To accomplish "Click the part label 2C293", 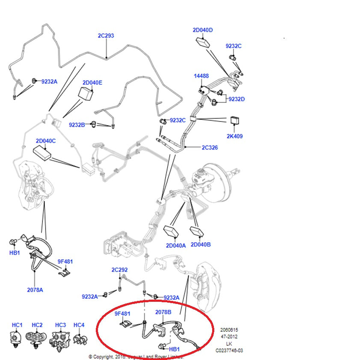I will [106, 36].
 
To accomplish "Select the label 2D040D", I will [203, 30].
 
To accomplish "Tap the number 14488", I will [201, 76].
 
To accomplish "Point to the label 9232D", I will [236, 99].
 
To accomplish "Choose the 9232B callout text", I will [77, 125].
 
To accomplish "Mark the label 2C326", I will [210, 147].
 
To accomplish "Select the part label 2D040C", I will [46, 140].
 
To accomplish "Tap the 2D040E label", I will [92, 82].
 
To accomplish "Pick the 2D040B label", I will [201, 244].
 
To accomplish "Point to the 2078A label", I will [35, 289].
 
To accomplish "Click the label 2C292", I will [119, 270].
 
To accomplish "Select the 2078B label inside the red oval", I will [163, 312].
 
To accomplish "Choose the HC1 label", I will [17, 325].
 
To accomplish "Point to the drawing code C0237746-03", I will [229, 350].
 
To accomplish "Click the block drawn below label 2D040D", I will [203, 42].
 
